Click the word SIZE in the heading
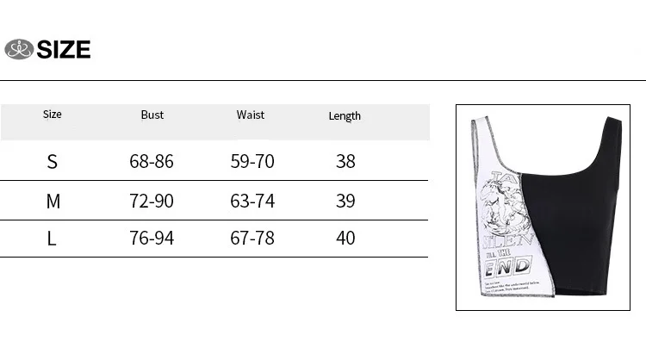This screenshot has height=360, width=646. coord(64,50)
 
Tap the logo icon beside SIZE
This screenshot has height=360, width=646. coord(18,50)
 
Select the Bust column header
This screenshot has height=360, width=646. coord(152,115)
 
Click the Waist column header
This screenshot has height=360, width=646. coord(251,115)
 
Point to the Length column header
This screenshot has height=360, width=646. coord(345,115)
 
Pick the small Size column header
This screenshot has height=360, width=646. coord(53,114)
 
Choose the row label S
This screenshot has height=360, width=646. coord(53,162)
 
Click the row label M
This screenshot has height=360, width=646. coord(53,202)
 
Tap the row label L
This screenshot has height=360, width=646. coord(52,238)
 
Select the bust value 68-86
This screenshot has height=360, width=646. coord(152,162)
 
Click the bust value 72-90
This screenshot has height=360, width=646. coord(152,202)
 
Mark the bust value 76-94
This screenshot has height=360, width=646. coord(152,238)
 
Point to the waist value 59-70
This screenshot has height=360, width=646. coord(252,162)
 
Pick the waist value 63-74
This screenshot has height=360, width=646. coord(252,202)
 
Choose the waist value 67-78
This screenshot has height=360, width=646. coord(252,238)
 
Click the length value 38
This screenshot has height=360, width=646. coord(345,162)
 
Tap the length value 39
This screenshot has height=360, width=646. coord(345,202)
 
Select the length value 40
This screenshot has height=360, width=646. coord(345,238)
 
